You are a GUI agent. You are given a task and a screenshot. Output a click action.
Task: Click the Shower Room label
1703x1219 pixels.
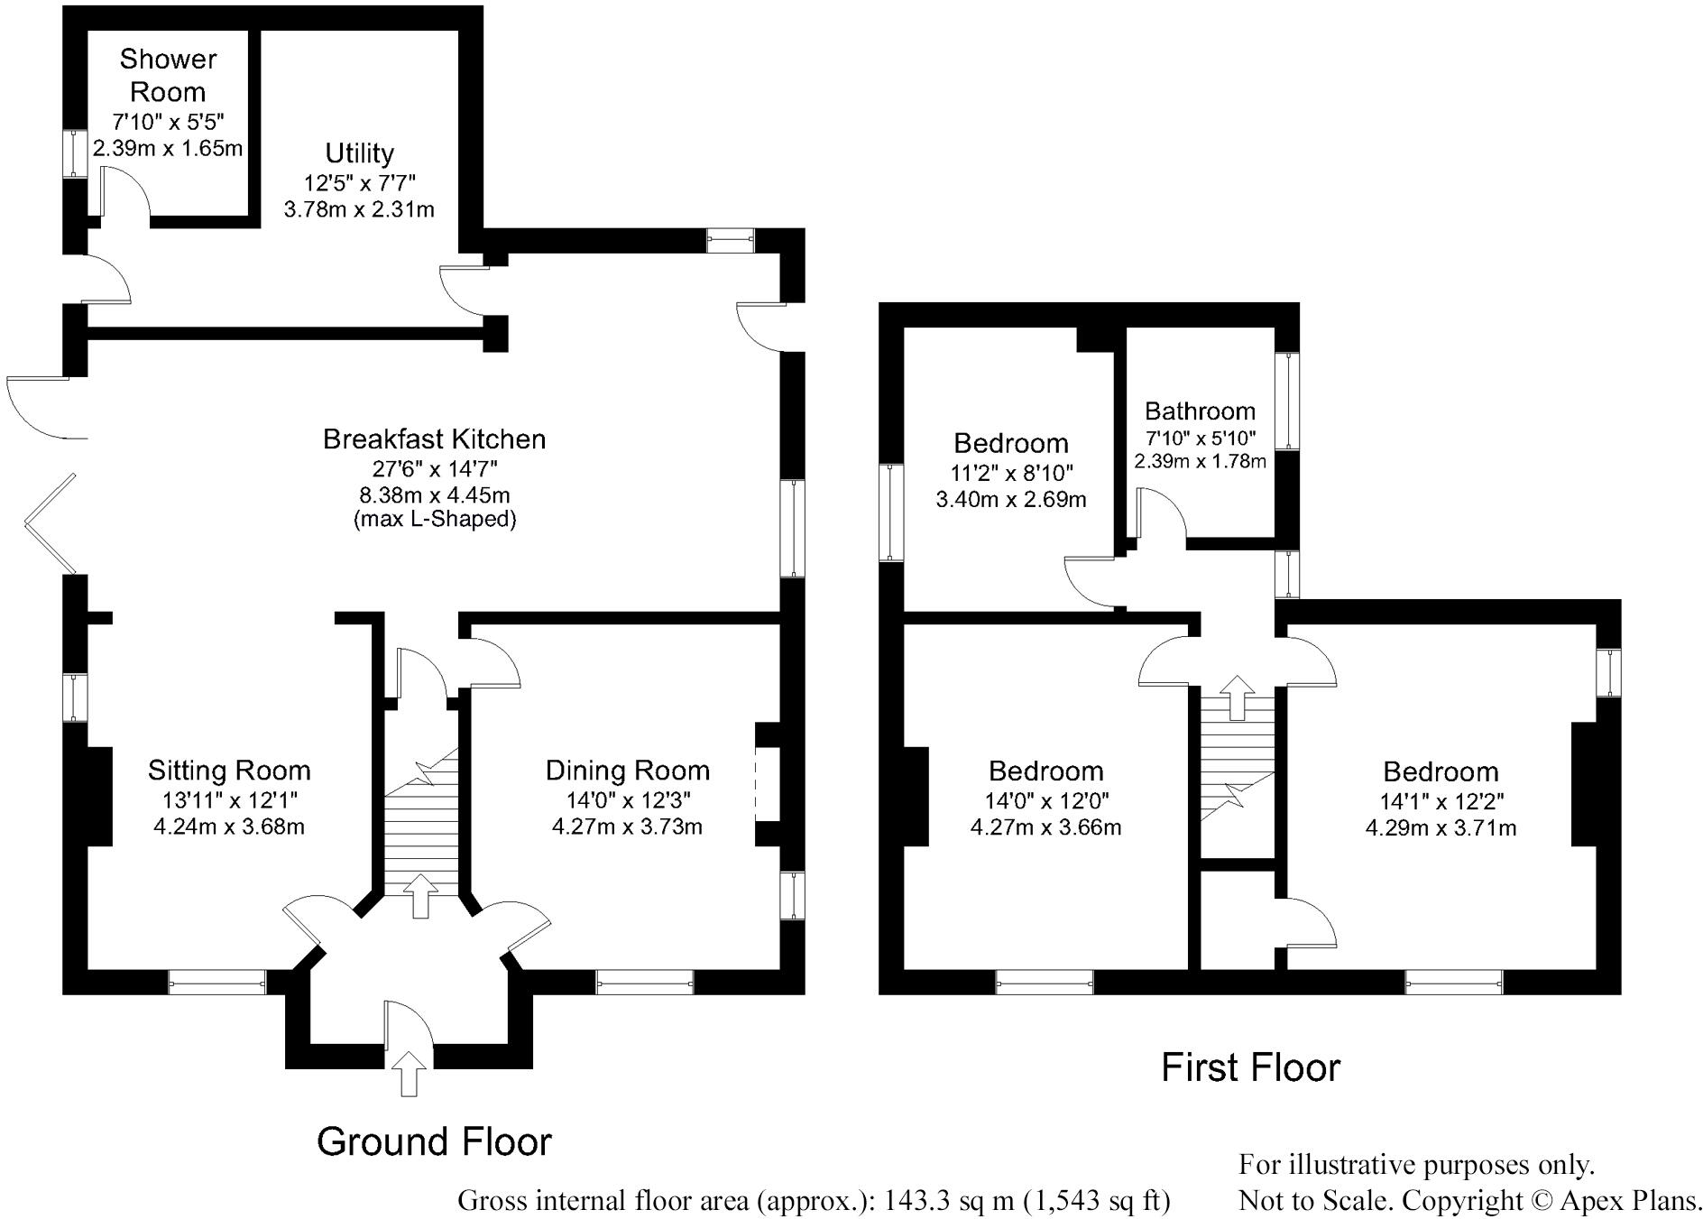coord(168,75)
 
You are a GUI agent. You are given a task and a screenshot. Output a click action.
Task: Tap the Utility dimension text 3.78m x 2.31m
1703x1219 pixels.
coord(359,210)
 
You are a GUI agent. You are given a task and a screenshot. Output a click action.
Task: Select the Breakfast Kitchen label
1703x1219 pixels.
coord(434,439)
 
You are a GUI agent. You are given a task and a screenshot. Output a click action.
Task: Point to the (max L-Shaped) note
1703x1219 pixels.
coord(434,520)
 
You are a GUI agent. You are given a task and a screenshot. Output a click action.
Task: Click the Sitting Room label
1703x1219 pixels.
coord(229,770)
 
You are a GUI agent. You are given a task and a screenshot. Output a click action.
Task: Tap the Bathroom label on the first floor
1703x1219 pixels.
coord(1200,411)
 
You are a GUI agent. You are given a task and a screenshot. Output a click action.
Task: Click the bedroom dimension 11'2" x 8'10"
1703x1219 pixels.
coord(1010,472)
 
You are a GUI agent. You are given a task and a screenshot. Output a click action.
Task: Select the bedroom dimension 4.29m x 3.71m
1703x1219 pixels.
coord(1441,828)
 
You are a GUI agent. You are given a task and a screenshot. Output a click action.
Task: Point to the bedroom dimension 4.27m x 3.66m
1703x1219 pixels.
coord(1045,827)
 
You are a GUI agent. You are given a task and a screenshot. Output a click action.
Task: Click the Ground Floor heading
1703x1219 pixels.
coord(434,1141)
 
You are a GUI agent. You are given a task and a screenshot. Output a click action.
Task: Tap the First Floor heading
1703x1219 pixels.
coord(1250,1067)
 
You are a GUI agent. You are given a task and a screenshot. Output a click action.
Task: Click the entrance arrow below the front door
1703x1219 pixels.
coord(409,1073)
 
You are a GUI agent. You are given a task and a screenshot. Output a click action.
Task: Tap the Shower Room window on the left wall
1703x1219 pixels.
coord(69,152)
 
